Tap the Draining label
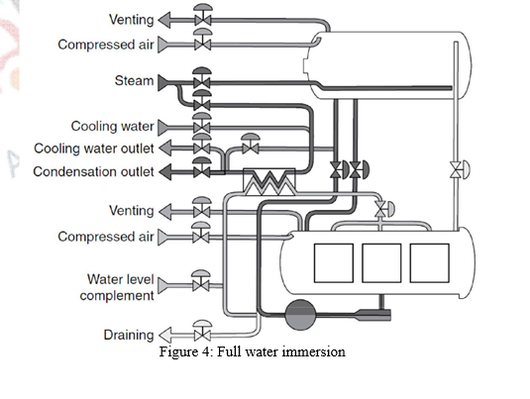click(129, 336)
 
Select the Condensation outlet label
click(93, 171)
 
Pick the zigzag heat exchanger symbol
click(266, 181)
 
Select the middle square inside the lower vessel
click(381, 262)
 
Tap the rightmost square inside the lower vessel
click(429, 262)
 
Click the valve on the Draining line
click(202, 335)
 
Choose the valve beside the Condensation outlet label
click(202, 171)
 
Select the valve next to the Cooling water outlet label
click(202, 149)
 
